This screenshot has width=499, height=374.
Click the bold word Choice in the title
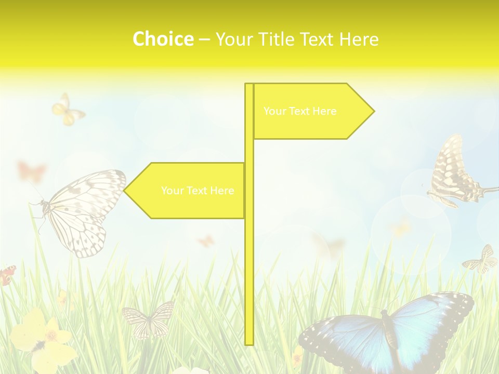click(x=163, y=39)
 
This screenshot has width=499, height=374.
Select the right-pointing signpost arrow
click(x=312, y=111)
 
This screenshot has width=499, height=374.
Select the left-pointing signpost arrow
click(x=187, y=191)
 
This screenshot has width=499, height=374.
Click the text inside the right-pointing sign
click(x=300, y=111)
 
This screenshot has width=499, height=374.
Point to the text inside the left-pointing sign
click(x=198, y=191)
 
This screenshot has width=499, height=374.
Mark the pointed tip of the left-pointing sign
click(x=125, y=191)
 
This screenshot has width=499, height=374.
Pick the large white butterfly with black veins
click(x=83, y=210)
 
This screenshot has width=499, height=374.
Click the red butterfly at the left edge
click(x=7, y=275)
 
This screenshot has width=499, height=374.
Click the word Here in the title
click(x=359, y=39)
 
